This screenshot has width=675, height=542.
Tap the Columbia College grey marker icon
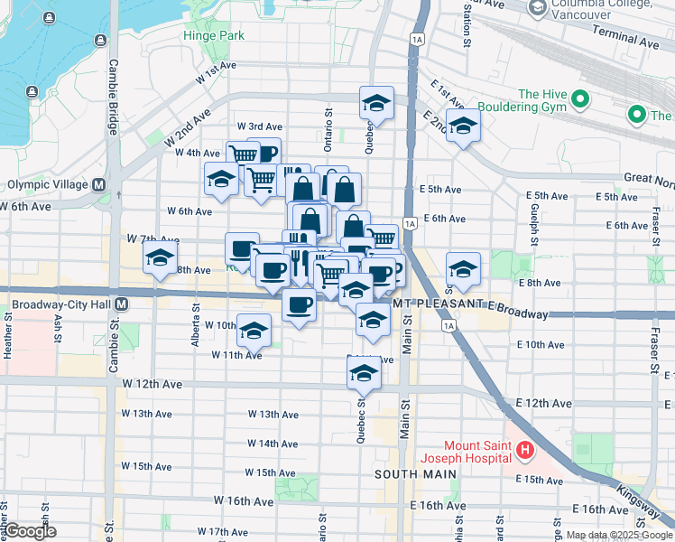(x=538, y=9)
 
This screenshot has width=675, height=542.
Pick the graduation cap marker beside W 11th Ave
(x=254, y=331)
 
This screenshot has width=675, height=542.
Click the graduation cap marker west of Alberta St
(x=161, y=258)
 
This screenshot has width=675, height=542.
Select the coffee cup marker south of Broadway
(x=299, y=304)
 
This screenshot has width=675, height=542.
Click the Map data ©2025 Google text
(x=618, y=535)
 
